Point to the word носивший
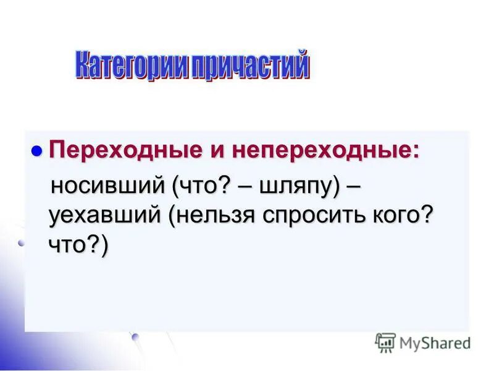tap(107, 184)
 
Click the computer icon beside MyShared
tap(385, 342)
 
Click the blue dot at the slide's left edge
tap(21, 244)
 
